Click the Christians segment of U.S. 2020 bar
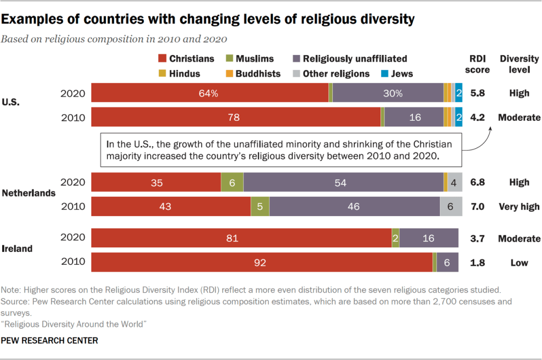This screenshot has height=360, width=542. click(x=210, y=93)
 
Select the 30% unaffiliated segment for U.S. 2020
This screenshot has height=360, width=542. click(x=388, y=93)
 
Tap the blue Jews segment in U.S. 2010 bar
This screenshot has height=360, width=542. click(x=459, y=117)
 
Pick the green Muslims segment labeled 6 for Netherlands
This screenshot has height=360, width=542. click(x=232, y=182)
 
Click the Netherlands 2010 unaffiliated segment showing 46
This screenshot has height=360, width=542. click(x=354, y=206)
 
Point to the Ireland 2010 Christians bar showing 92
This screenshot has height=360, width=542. click(x=261, y=263)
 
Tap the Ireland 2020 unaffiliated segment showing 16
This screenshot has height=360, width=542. click(x=429, y=238)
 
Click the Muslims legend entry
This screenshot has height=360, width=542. click(x=250, y=59)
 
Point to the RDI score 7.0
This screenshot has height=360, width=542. click(x=478, y=206)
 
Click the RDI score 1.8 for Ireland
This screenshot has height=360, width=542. click(x=478, y=263)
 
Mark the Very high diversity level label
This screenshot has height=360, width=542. click(x=519, y=206)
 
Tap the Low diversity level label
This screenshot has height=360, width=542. click(x=519, y=263)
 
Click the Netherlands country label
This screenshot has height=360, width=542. click(x=29, y=193)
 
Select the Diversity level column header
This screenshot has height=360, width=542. click(x=519, y=64)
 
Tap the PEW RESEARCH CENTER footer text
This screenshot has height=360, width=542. click(x=50, y=341)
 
